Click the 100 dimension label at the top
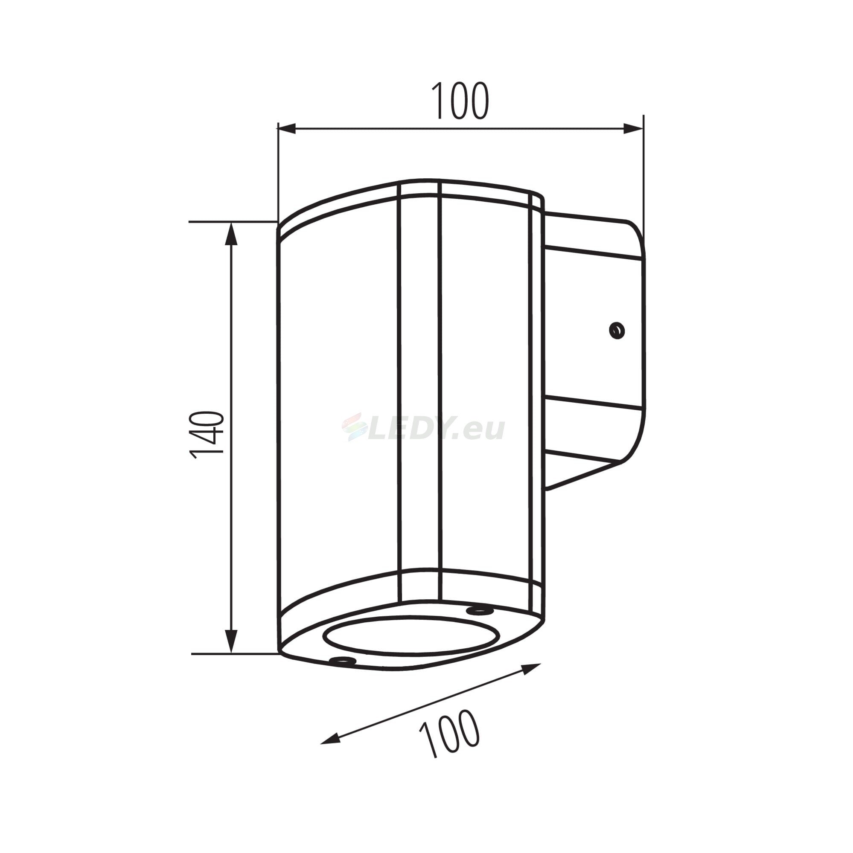pyautogui.click(x=460, y=101)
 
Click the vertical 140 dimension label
pyautogui.click(x=207, y=435)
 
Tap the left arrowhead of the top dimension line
pyautogui.click(x=286, y=129)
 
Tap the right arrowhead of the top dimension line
pyautogui.click(x=633, y=129)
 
